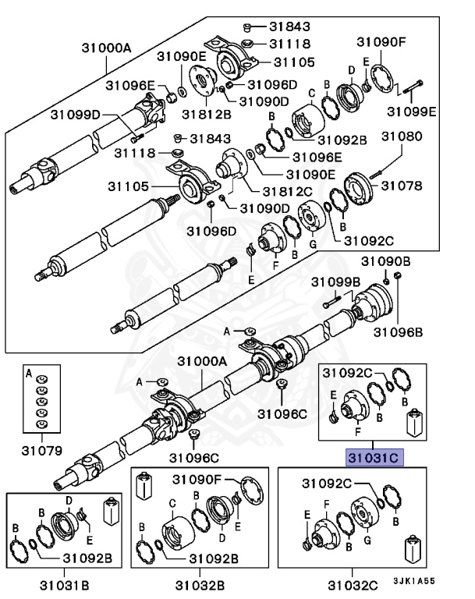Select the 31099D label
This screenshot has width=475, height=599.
[x=76, y=115]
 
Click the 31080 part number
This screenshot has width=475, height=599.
[x=401, y=137]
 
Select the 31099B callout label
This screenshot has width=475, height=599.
[x=336, y=281]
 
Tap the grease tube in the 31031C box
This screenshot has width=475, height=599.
[x=413, y=422]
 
